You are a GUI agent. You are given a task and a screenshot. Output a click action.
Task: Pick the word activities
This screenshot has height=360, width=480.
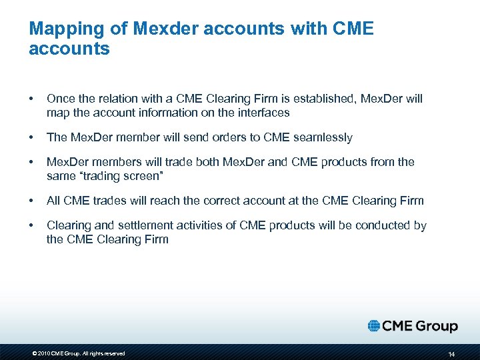coord(204,225)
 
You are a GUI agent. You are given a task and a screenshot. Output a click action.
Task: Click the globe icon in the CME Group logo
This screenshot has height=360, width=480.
coord(374,326)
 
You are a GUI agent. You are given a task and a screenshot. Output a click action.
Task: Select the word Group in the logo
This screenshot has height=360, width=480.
coord(437,327)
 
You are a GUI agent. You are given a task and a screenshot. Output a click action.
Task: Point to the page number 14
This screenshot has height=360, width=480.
coord(451,353)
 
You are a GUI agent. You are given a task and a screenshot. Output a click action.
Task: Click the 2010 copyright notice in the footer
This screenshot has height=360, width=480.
coord(78,353)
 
